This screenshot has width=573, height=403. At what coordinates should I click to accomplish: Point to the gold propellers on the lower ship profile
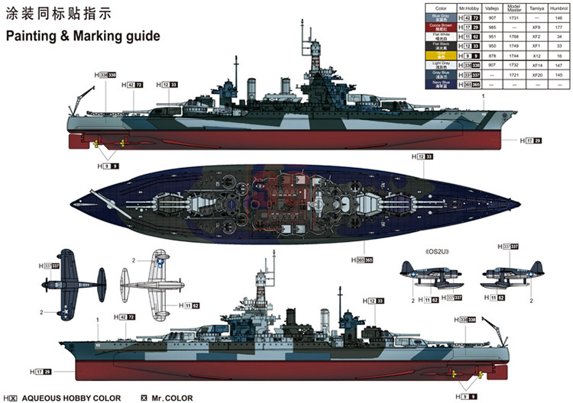click(x=457, y=374)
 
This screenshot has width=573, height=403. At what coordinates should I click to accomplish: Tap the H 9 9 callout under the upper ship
click(x=108, y=166)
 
